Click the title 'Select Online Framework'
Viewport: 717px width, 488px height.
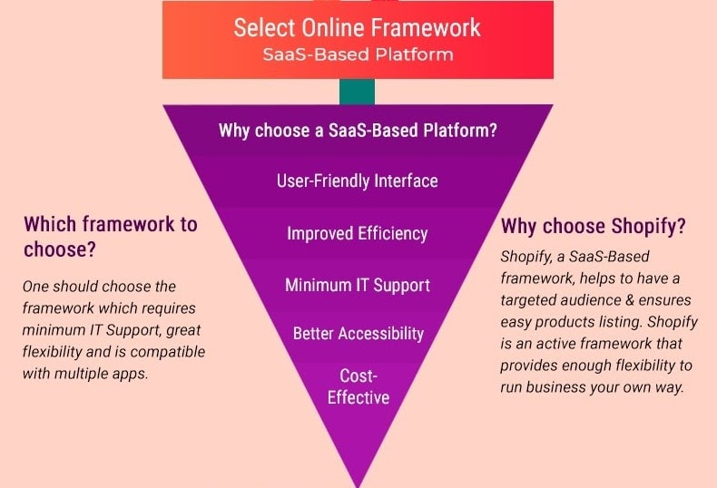(x=357, y=27)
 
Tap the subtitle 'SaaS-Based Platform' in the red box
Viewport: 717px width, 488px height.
(x=358, y=54)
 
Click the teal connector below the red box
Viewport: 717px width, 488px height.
(x=357, y=92)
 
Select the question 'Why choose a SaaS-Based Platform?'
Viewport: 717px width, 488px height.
(x=358, y=131)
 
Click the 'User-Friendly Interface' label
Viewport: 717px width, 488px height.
(x=357, y=181)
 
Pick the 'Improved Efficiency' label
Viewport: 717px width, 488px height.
(x=357, y=233)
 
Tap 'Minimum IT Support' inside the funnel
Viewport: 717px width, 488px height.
(x=357, y=285)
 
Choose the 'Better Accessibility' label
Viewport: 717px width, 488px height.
(x=358, y=334)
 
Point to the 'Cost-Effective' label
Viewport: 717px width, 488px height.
(x=358, y=386)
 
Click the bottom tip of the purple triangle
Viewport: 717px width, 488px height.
(x=358, y=486)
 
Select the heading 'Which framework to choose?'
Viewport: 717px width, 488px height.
(x=110, y=237)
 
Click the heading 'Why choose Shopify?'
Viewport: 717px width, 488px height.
(x=594, y=226)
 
